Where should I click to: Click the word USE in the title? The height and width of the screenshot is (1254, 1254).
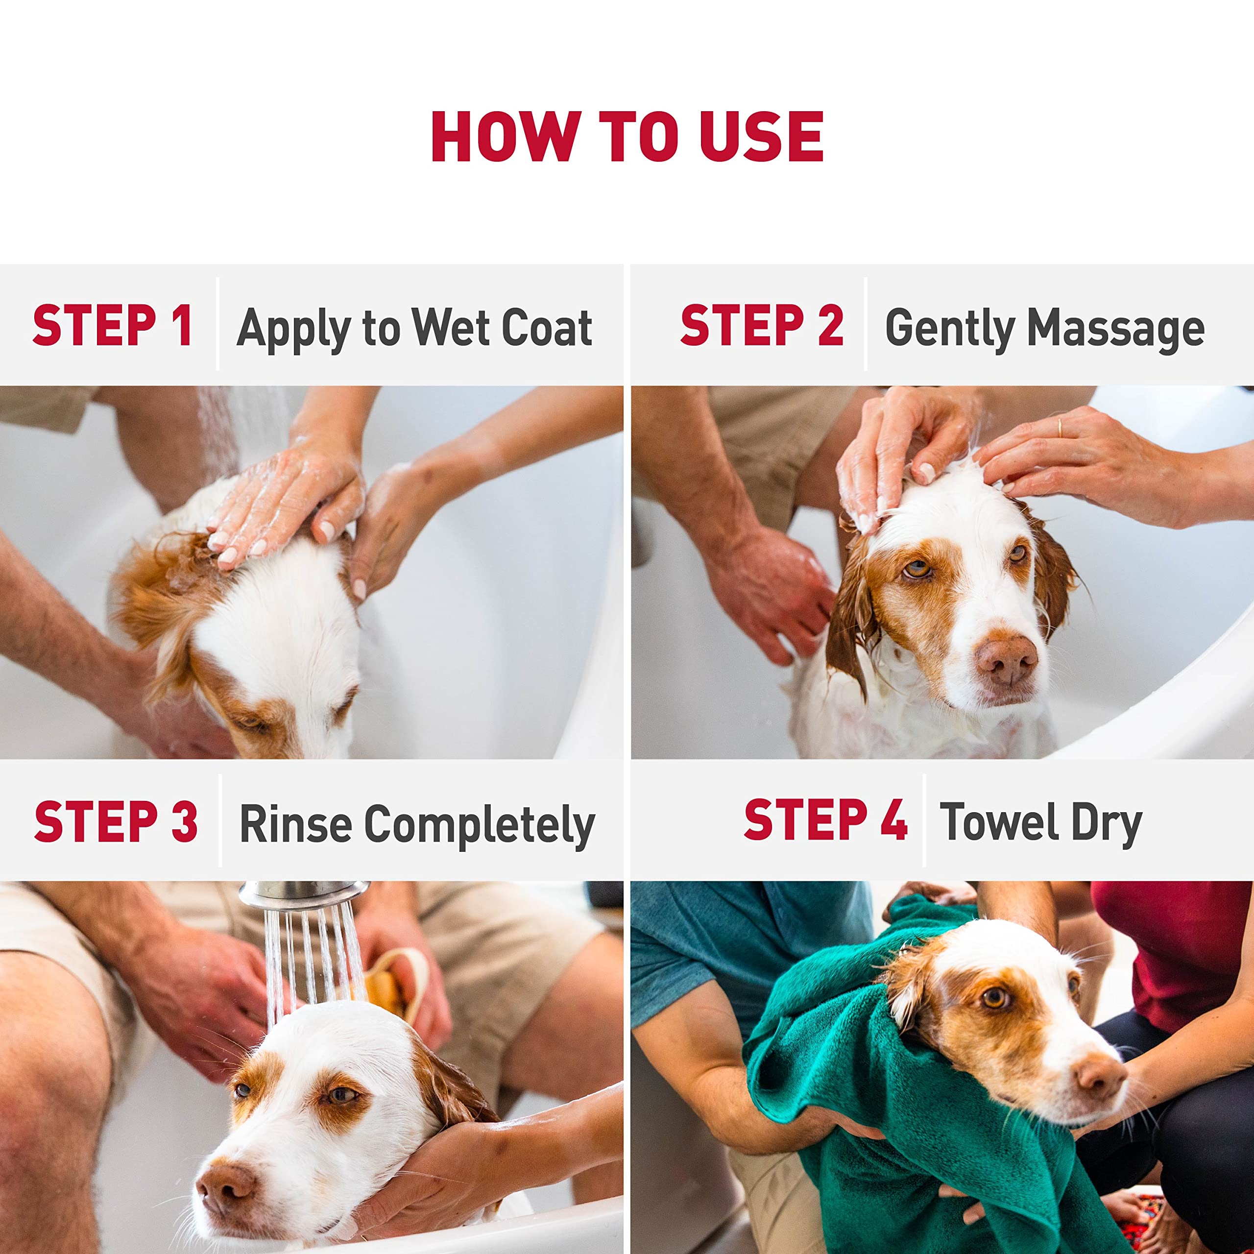(761, 137)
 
